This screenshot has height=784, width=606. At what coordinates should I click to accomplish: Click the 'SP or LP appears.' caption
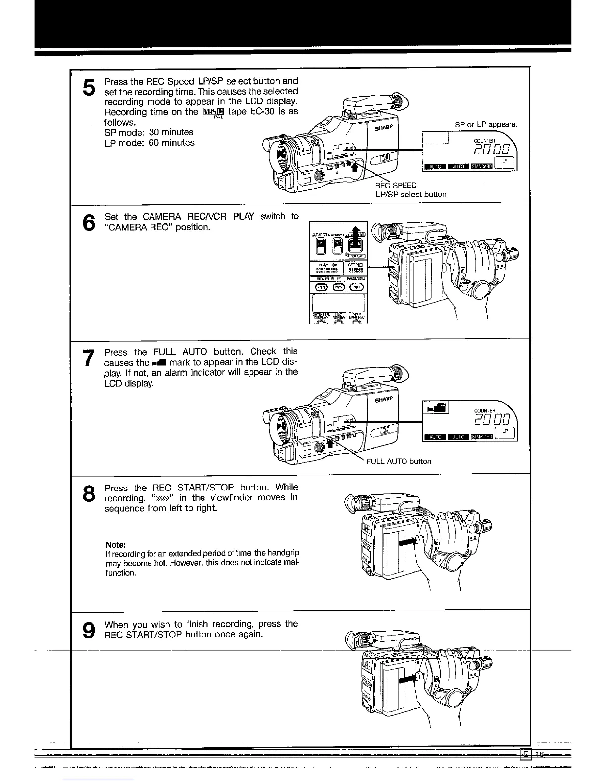486,124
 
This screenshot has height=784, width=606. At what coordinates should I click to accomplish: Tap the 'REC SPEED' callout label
396,186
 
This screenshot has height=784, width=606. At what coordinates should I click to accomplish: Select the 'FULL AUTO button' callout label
398,461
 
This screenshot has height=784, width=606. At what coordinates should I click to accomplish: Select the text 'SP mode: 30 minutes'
149,132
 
